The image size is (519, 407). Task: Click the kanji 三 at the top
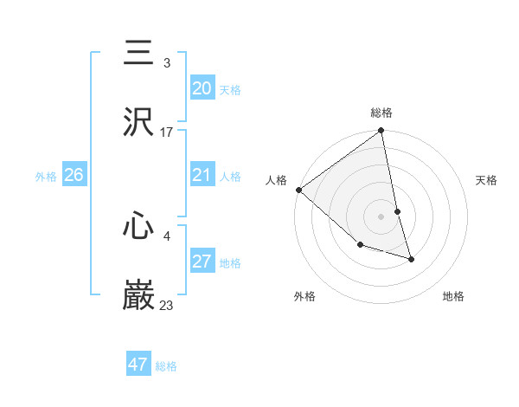[138, 54]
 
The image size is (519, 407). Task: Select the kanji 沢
[138, 122]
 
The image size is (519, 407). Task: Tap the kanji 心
[138, 226]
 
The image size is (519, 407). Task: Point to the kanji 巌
[138, 294]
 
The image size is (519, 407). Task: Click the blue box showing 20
[202, 88]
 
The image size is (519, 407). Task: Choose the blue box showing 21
[202, 176]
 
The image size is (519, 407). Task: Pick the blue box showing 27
[202, 262]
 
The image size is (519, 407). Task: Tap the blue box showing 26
[74, 175]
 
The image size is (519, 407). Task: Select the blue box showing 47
[138, 365]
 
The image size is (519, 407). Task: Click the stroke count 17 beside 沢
[167, 132]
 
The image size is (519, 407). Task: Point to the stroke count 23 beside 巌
[167, 305]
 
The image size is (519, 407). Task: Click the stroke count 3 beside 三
[167, 63]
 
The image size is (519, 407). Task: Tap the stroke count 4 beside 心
[167, 235]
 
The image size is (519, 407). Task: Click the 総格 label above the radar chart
[381, 113]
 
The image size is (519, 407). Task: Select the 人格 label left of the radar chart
[277, 180]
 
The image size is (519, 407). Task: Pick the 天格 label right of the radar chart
[486, 180]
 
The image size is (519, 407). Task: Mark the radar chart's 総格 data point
[381, 132]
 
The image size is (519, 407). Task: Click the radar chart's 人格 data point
[299, 190]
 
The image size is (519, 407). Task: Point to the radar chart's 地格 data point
[411, 258]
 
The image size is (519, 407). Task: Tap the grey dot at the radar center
[381, 216]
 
